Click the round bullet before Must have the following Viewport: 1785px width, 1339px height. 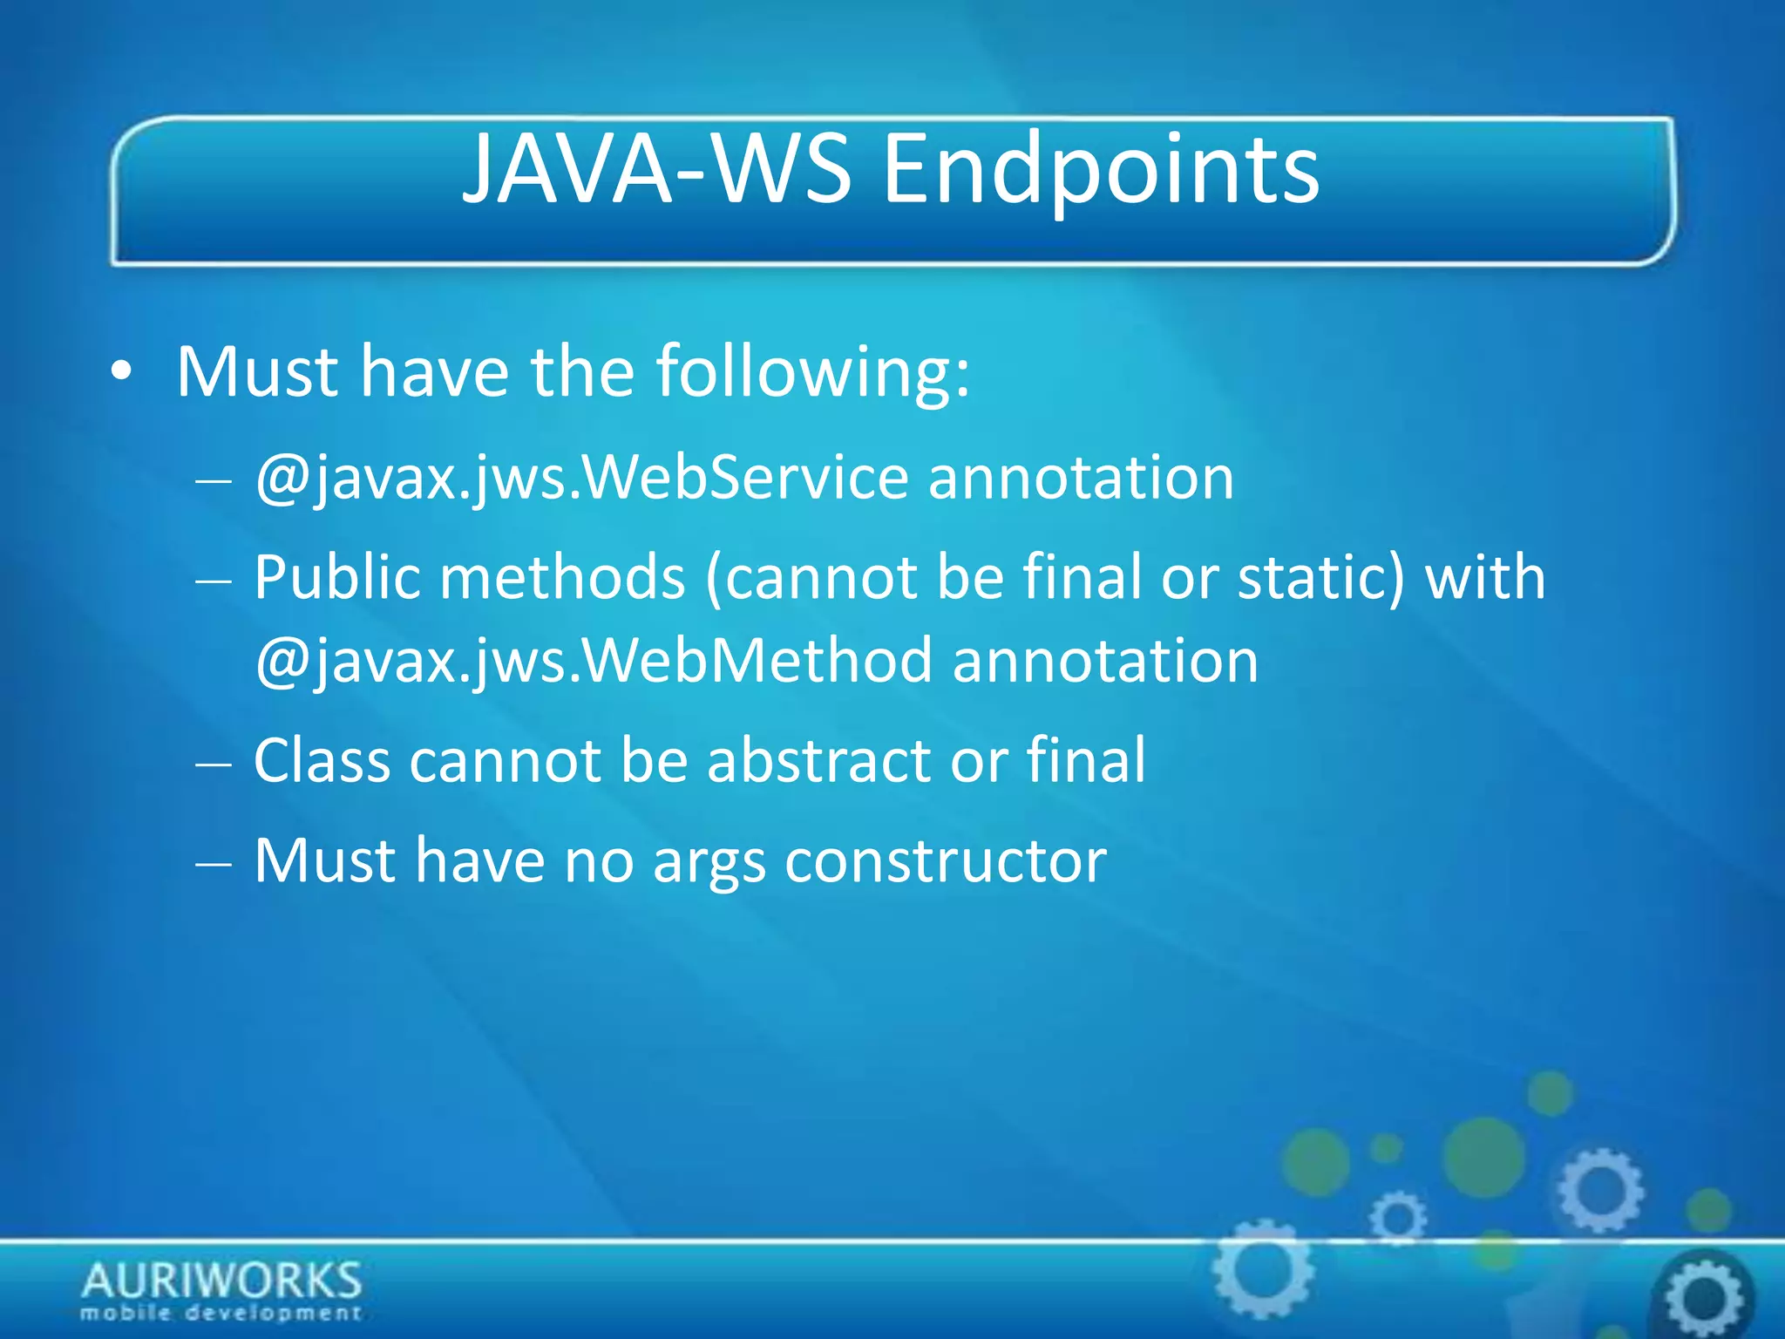tap(122, 372)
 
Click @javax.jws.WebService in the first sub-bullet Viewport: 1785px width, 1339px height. tap(581, 479)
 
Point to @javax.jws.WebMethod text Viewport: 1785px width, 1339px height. tap(594, 661)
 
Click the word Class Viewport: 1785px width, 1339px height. tap(322, 761)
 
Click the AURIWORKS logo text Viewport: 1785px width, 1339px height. tap(221, 1280)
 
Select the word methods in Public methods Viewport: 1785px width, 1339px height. tap(562, 578)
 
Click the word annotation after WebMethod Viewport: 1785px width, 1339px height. tap(1105, 661)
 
